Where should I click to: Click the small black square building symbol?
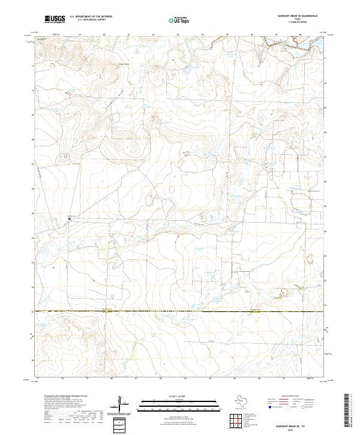pyautogui.click(x=70, y=219)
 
